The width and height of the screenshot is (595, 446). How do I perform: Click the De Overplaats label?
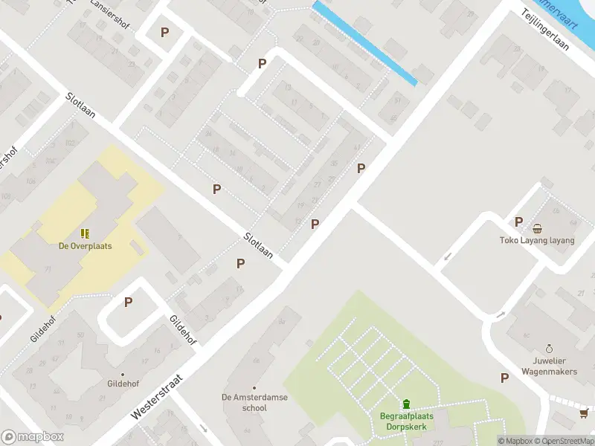pyautogui.click(x=86, y=245)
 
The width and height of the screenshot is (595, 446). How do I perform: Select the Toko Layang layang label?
pyautogui.click(x=537, y=240)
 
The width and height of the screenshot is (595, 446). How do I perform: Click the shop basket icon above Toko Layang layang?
pyautogui.click(x=537, y=228)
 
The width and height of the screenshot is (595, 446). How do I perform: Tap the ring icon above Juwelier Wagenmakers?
pyautogui.click(x=549, y=348)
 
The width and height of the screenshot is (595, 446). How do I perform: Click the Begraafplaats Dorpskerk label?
pyautogui.click(x=406, y=421)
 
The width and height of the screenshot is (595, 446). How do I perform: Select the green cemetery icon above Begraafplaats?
pyautogui.click(x=406, y=404)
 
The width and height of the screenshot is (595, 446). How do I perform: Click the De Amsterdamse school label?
pyautogui.click(x=254, y=402)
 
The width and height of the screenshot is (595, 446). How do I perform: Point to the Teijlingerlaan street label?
pyautogui.click(x=546, y=34)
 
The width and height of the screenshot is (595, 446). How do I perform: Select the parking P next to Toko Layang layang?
pyautogui.click(x=519, y=222)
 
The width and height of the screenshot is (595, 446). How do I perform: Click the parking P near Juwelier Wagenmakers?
pyautogui.click(x=505, y=378)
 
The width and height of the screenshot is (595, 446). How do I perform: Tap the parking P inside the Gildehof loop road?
pyautogui.click(x=128, y=303)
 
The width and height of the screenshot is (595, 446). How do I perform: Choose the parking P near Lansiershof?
pyautogui.click(x=164, y=33)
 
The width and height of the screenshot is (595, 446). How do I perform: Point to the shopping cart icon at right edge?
pyautogui.click(x=585, y=413)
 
